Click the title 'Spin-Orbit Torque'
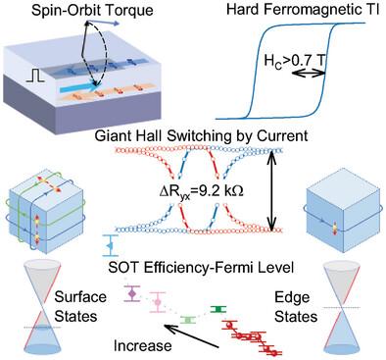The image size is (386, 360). pos(92,10)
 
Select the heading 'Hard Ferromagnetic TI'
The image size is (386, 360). pos(303,9)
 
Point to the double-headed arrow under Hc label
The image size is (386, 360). pos(308,75)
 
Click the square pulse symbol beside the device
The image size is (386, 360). pos(35,76)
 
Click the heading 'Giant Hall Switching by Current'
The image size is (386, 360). pos(201,135)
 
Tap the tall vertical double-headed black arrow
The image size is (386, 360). pos(270,191)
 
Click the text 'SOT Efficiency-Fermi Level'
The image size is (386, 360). pos(201,268)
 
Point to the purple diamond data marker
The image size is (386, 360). pos(132,293)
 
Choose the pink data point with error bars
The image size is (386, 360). pos(158,302)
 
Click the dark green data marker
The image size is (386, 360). pos(217,309)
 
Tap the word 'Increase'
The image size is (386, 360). pos(142,345)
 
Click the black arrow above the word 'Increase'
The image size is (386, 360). pos(193,336)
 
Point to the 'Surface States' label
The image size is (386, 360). pos(80,307)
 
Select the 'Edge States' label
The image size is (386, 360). pos(296,307)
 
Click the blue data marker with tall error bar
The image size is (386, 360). pos(110,245)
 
